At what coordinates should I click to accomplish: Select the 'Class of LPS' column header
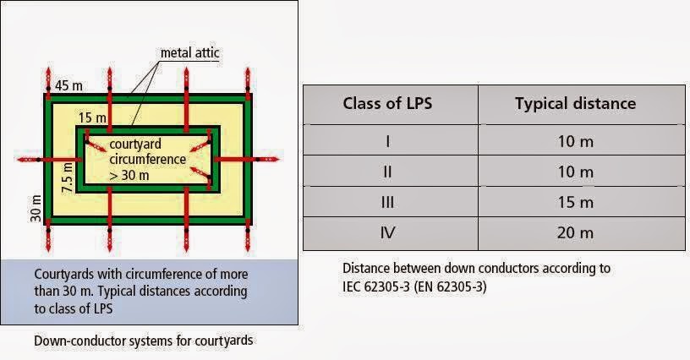click(388, 104)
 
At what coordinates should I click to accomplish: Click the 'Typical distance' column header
click(575, 104)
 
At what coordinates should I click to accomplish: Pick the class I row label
click(388, 140)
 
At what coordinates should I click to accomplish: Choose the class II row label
click(388, 172)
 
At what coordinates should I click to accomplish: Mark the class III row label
click(388, 202)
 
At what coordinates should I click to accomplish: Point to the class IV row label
click(388, 232)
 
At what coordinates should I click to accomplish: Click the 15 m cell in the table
click(575, 202)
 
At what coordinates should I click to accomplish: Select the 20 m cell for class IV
click(575, 232)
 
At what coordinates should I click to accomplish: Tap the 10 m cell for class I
click(575, 140)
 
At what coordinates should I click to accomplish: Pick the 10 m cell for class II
click(575, 172)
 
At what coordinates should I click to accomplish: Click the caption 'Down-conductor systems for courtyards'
click(144, 341)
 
